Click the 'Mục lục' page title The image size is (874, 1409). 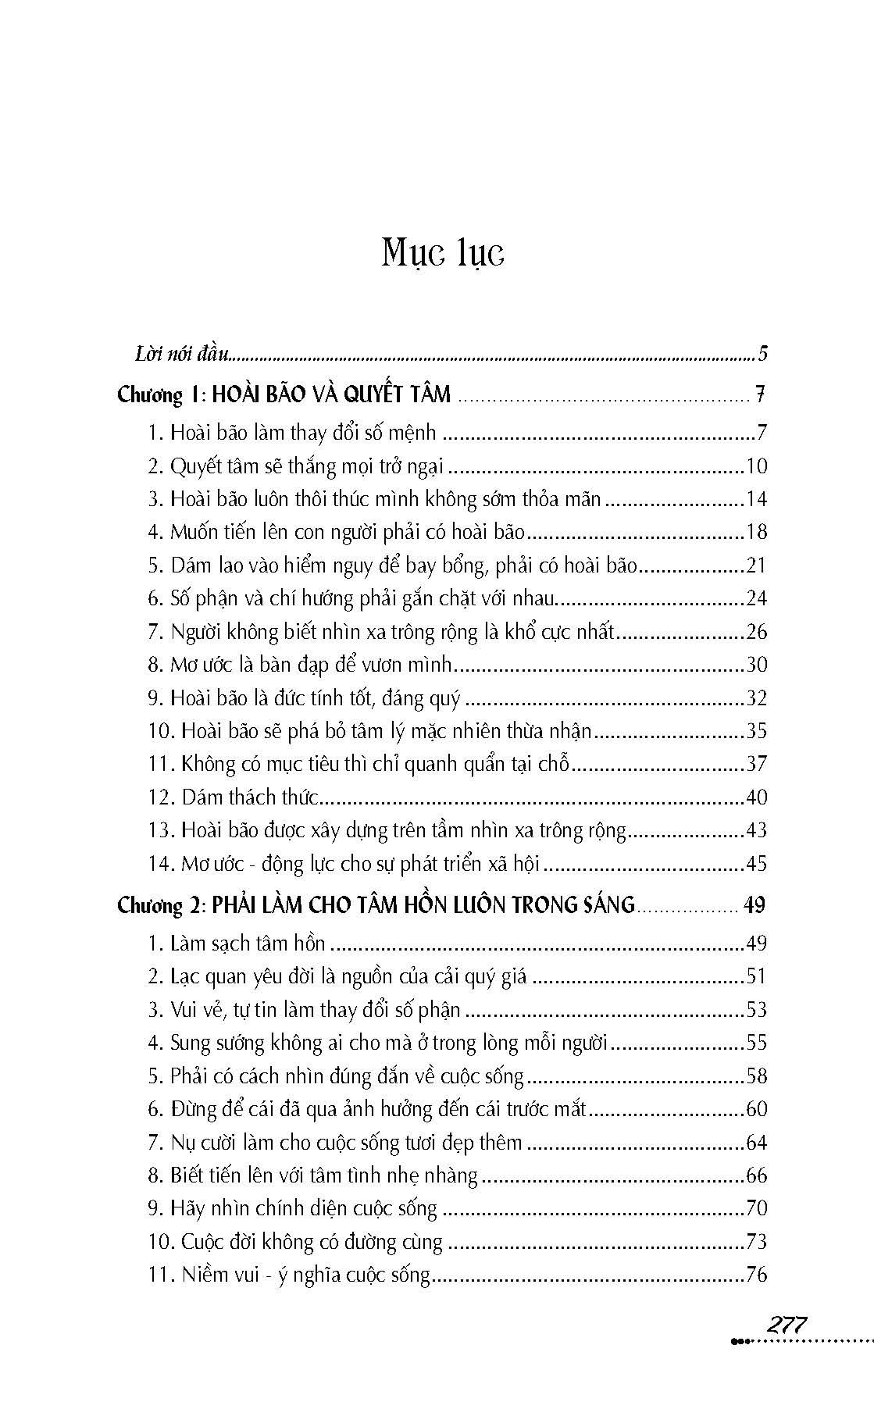442,253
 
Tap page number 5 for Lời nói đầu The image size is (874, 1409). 762,354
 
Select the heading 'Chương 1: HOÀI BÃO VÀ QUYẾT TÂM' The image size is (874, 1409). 284,394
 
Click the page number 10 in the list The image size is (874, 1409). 757,466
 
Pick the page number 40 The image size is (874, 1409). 757,797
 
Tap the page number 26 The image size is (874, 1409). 757,632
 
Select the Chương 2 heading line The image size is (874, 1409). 376,905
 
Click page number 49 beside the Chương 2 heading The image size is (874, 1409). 754,905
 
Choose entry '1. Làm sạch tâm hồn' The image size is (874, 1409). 237,943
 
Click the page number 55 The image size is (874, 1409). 757,1043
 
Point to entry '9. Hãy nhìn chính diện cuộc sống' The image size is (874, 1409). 293,1208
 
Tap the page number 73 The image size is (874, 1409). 757,1242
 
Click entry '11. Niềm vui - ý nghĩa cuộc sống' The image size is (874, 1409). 290,1275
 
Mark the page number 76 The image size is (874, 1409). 757,1275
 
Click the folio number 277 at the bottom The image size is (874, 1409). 787,1325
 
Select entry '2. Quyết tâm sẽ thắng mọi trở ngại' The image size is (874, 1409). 296,466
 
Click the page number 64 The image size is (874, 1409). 757,1143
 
